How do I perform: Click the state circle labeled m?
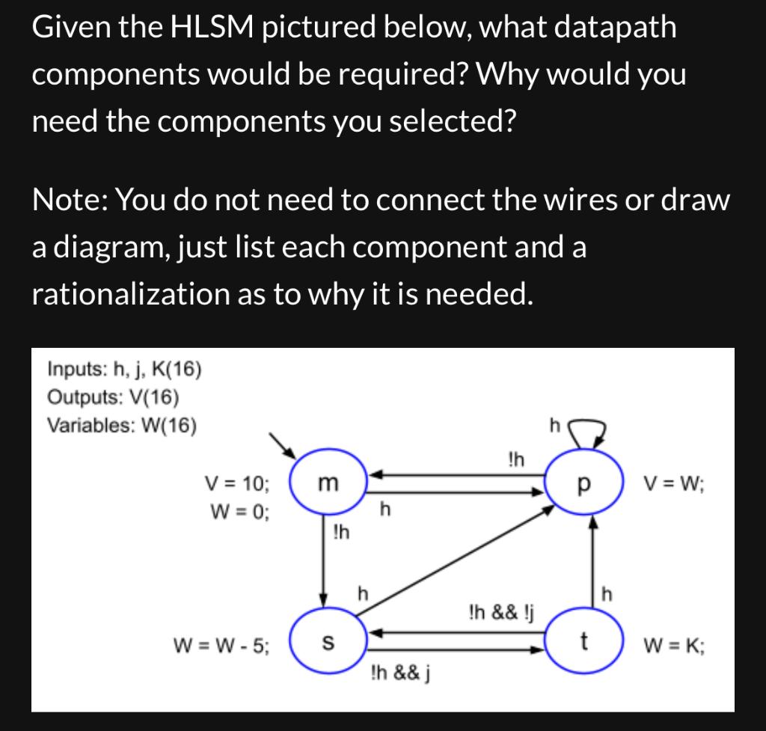(327, 483)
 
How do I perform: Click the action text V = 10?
(237, 483)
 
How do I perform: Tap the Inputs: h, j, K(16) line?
(123, 368)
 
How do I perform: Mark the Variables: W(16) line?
(122, 425)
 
